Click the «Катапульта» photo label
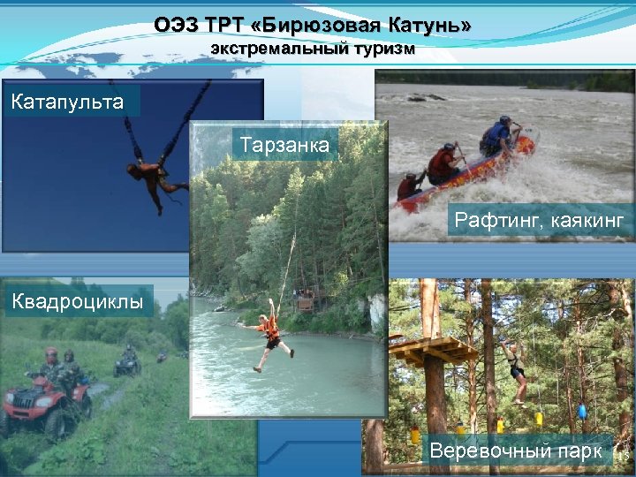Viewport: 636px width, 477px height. click(x=67, y=102)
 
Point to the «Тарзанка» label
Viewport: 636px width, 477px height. click(x=284, y=144)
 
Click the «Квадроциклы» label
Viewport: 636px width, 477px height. click(x=77, y=300)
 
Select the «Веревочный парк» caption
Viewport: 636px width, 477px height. click(x=517, y=451)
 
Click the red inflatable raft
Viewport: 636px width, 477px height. click(x=464, y=176)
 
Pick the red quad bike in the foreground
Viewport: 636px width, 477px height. click(x=44, y=403)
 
